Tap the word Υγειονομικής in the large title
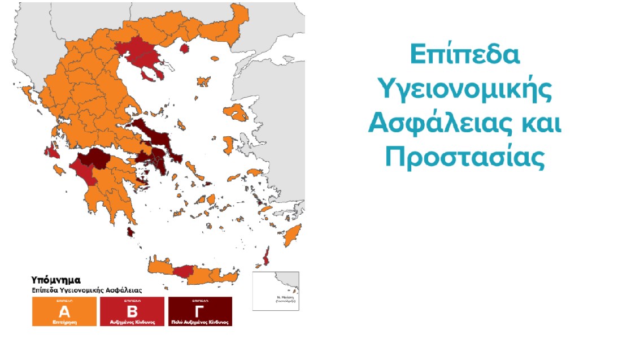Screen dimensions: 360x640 tap(464, 90)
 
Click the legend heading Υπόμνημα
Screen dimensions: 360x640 tap(56, 280)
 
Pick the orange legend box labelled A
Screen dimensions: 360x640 tap(63, 311)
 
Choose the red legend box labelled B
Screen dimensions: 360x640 tap(132, 311)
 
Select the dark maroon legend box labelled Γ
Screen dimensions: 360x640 tap(200, 311)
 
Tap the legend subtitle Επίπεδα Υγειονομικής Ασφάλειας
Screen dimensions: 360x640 tap(86, 289)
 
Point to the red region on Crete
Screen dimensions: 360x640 tap(183, 272)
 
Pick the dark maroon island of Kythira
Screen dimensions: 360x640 tap(131, 232)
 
